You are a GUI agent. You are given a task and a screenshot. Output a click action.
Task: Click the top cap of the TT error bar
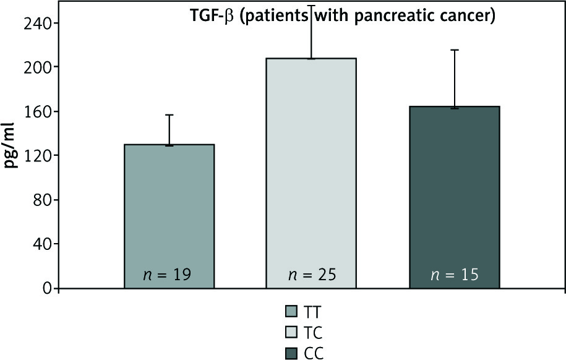coord(169,115)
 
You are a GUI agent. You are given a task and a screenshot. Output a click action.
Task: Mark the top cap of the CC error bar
coord(454,50)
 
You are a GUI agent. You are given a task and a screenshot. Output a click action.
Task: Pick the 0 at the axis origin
coord(46,288)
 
